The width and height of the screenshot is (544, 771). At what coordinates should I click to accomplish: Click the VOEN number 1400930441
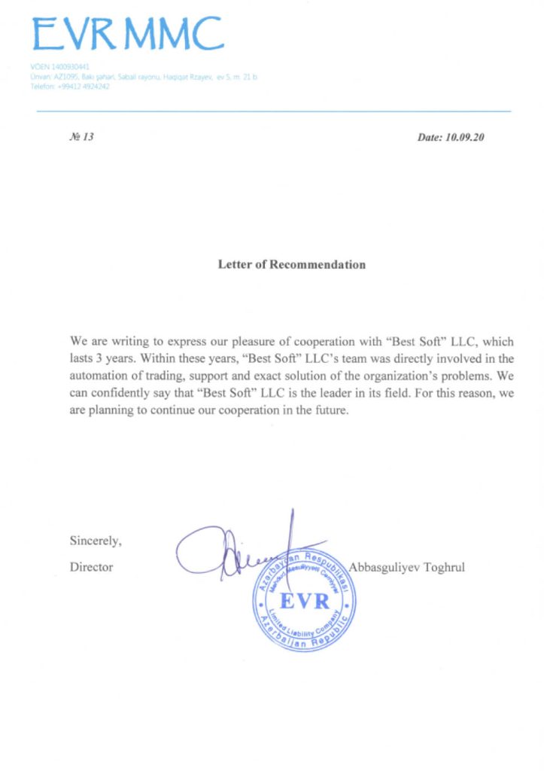pyautogui.click(x=60, y=66)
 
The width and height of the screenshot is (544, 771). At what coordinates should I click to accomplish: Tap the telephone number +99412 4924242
pyautogui.click(x=70, y=87)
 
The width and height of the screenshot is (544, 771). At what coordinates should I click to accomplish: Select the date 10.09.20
pyautogui.click(x=462, y=138)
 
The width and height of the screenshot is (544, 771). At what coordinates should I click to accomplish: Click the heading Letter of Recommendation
pyautogui.click(x=292, y=265)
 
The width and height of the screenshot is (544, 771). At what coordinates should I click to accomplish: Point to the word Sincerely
pyautogui.click(x=96, y=540)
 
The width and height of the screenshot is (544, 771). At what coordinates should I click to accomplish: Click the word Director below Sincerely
pyautogui.click(x=91, y=567)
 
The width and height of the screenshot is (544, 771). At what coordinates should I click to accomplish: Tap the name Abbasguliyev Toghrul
pyautogui.click(x=407, y=567)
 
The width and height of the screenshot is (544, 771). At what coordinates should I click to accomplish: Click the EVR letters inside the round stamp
pyautogui.click(x=305, y=602)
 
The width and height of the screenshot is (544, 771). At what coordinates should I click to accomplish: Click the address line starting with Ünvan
pyautogui.click(x=143, y=77)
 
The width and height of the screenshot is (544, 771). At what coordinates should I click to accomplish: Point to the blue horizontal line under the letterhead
pyautogui.click(x=274, y=111)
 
